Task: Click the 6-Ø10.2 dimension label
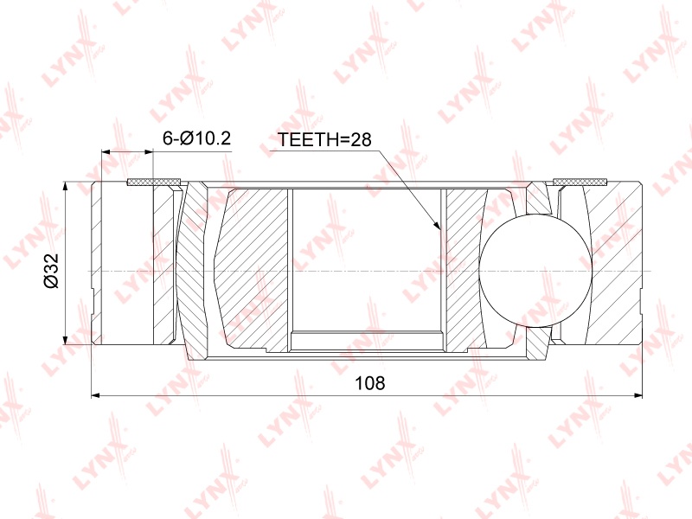(196, 138)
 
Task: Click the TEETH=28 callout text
(324, 139)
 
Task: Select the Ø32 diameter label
(51, 271)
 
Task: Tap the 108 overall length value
(370, 383)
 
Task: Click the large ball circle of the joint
(535, 271)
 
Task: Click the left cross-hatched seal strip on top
(154, 182)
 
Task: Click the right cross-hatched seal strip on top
(580, 182)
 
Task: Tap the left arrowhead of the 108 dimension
(96, 395)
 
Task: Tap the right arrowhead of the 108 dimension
(638, 395)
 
